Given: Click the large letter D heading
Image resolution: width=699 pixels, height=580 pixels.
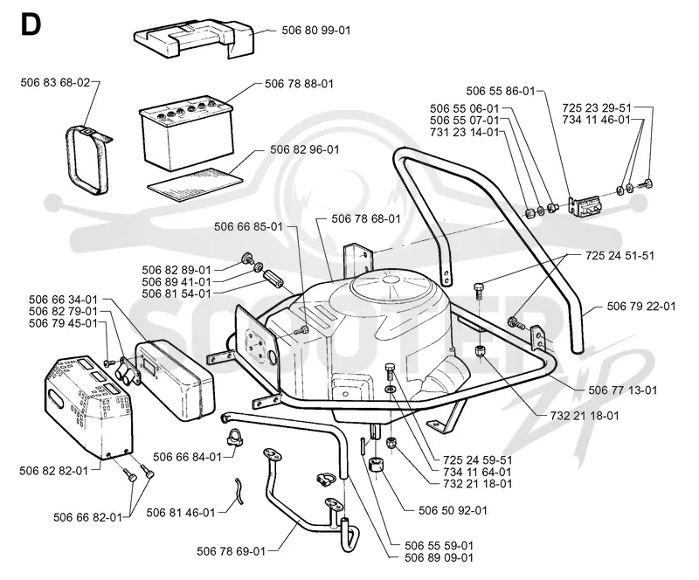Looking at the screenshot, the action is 31,25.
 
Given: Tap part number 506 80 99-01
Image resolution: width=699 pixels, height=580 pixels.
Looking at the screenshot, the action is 316,31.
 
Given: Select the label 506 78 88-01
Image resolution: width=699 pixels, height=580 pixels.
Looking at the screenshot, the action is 299,84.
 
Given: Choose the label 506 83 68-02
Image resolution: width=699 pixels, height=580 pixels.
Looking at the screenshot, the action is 55,82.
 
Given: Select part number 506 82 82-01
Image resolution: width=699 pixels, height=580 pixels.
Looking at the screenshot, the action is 54,471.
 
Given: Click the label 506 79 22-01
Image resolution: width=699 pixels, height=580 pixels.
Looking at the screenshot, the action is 641,307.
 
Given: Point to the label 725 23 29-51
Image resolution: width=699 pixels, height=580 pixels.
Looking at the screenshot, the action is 597,108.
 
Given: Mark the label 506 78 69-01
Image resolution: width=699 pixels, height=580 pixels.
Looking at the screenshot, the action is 232,551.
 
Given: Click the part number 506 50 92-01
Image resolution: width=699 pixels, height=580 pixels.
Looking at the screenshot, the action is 453,510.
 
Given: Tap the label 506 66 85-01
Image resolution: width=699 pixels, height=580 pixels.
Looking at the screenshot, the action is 248,226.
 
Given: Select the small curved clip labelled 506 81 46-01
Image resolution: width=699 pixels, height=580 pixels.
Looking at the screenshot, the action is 239,491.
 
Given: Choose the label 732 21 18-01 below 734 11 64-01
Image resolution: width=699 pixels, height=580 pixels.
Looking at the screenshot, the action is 478,484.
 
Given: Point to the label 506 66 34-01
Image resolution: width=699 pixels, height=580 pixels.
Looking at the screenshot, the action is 63,299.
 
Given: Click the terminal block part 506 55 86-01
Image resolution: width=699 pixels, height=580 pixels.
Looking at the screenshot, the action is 585,206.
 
